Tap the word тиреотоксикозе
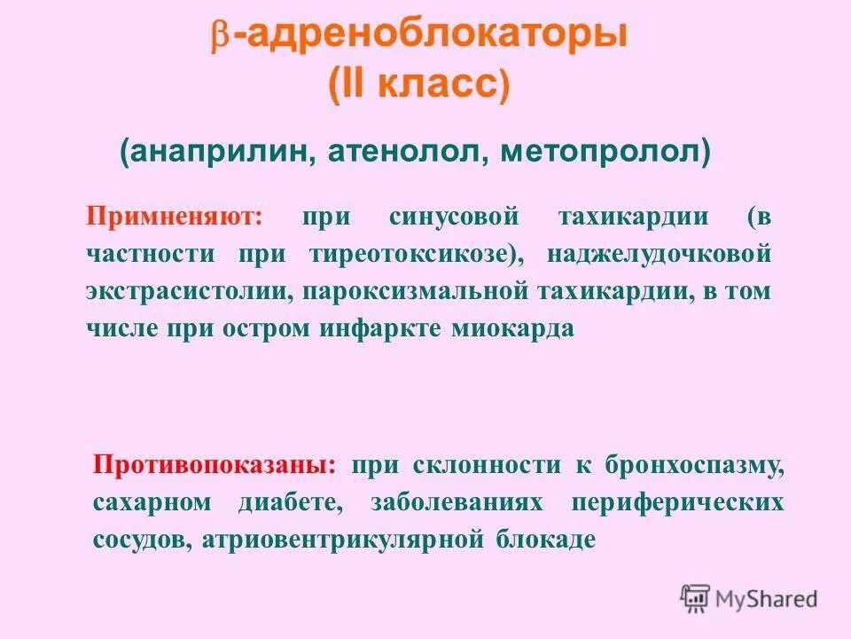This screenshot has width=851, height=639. coord(411,254)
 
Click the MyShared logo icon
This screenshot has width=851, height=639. coord(695,597)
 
